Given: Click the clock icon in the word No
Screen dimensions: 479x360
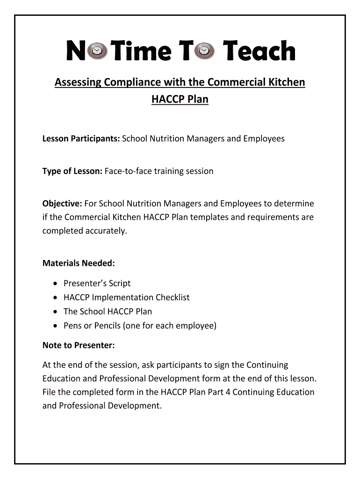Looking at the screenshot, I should click(97, 51).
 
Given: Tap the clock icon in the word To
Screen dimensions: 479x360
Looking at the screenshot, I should click(205, 51).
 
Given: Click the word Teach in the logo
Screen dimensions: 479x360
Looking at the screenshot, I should click(259, 51).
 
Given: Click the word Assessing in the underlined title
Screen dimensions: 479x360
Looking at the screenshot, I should click(78, 83).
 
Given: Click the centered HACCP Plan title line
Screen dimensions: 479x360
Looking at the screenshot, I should click(180, 99).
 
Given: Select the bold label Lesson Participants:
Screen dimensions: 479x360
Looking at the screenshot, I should click(81, 139).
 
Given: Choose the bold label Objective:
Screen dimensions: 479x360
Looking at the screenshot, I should click(62, 203).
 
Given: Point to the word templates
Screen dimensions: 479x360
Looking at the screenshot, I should click(228, 218).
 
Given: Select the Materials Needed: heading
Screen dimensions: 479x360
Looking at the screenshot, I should click(79, 263).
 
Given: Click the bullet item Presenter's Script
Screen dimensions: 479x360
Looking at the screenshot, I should click(97, 283).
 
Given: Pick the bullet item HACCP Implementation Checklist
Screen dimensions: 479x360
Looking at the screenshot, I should click(126, 298).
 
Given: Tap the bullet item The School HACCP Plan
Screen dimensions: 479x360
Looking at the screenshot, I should click(108, 312).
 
